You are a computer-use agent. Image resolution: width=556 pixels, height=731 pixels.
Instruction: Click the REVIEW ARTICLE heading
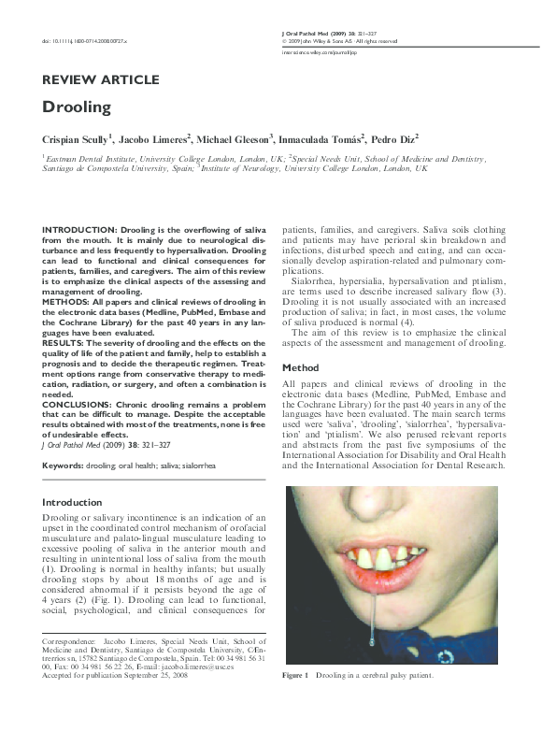click(x=101, y=80)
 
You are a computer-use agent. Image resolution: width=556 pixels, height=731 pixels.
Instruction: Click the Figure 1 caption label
click(x=295, y=701)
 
